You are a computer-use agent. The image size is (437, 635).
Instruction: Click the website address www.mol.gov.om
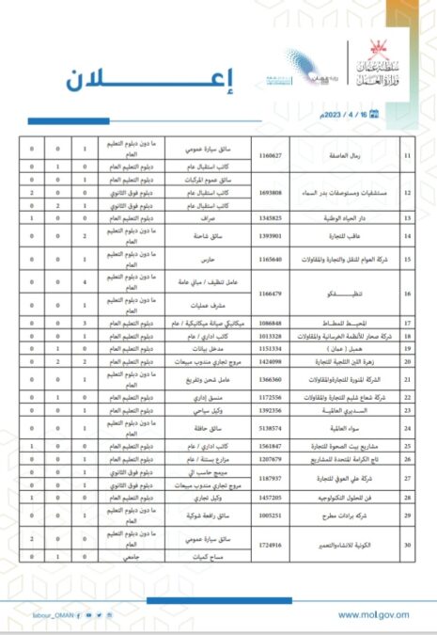373,614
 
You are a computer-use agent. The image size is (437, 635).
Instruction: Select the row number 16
407,292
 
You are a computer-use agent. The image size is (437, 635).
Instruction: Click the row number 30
407,545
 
